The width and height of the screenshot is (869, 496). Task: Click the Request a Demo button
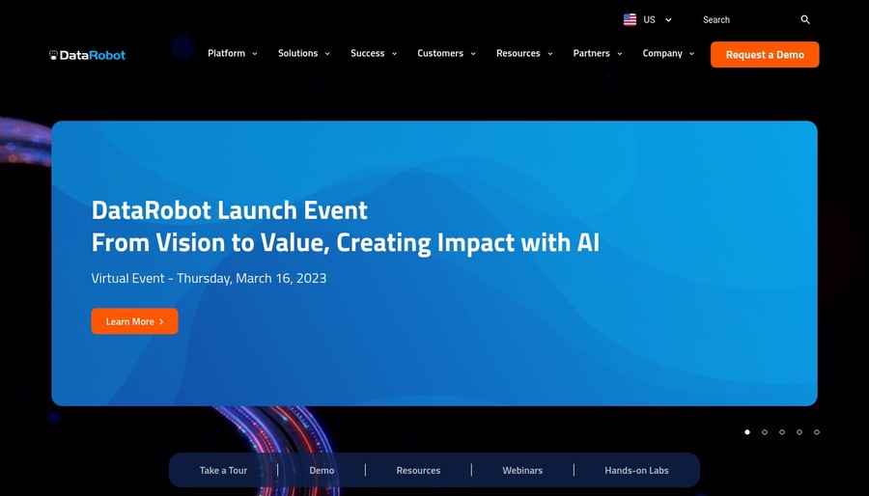tap(765, 55)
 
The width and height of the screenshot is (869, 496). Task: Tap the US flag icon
tap(631, 19)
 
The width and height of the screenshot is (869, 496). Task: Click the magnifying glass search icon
tap(805, 19)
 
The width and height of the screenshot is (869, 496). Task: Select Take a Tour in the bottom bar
tap(223, 471)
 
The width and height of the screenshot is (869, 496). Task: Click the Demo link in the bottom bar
tap(322, 471)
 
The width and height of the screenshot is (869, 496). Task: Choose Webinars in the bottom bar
tap(522, 471)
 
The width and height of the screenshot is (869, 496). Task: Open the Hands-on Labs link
tap(636, 471)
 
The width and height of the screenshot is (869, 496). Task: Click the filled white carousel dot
tap(747, 432)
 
